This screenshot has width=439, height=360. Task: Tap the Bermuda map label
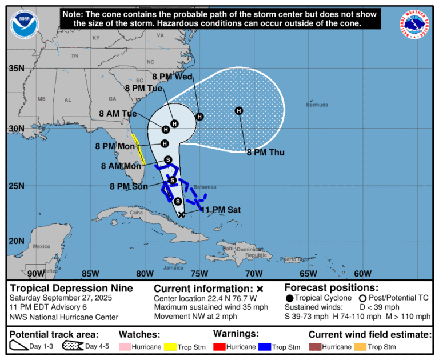pos(317,105)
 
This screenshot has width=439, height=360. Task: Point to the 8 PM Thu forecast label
pos(265,152)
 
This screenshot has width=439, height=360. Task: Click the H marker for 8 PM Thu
pos(239,110)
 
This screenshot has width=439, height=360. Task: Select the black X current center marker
pos(182,214)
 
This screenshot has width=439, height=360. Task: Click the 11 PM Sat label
pos(222,210)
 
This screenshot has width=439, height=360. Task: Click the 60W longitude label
pos(362,273)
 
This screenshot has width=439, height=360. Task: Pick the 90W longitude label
pos(35,273)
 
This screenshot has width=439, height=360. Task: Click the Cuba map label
pos(136,213)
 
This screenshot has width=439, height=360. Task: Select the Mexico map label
pos(42,246)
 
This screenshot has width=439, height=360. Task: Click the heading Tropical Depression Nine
pos(72,288)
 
